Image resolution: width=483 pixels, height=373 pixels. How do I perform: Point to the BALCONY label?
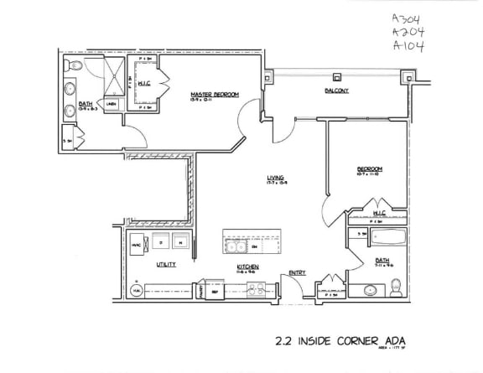pyautogui.click(x=336, y=91)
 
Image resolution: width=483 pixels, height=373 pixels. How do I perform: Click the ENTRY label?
pyautogui.click(x=297, y=272)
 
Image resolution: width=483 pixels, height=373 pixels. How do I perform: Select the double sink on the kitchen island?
pyautogui.click(x=241, y=246)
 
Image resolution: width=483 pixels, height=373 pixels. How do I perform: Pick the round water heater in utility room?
pyautogui.click(x=137, y=289)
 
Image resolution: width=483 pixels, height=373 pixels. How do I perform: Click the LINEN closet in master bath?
pyautogui.click(x=110, y=105)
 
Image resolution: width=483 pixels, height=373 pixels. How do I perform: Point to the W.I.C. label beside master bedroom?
pyautogui.click(x=143, y=83)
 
